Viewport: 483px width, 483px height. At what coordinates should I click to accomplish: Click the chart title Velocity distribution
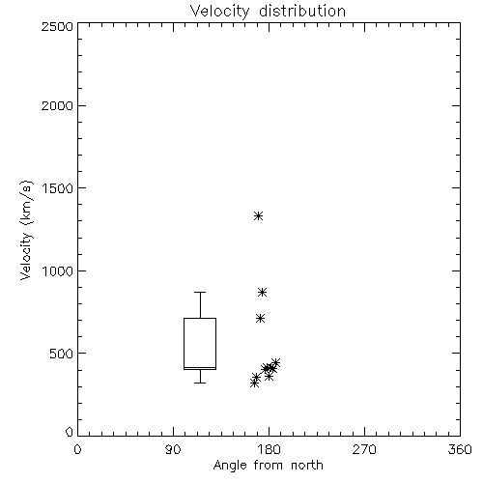[268, 12]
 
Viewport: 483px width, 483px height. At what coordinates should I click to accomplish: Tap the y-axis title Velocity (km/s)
[26, 230]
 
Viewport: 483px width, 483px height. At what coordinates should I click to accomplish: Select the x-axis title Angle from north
[268, 466]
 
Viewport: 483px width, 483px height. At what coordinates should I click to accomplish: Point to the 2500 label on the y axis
[57, 26]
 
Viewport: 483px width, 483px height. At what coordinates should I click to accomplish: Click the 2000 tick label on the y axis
[57, 106]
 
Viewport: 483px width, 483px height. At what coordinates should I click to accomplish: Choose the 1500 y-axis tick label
[58, 188]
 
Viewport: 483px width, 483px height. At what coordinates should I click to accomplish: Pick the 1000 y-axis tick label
[58, 271]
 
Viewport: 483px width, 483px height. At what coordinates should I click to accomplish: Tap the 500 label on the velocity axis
[62, 354]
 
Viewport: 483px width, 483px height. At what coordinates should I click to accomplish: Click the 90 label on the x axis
[173, 449]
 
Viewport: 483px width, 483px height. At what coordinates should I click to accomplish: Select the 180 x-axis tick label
[269, 449]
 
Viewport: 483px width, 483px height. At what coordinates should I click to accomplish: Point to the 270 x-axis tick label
[364, 449]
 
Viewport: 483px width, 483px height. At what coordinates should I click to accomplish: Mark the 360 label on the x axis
[460, 449]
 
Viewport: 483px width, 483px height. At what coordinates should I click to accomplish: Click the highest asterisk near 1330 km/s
[258, 215]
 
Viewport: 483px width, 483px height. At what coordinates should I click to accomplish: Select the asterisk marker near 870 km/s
[262, 293]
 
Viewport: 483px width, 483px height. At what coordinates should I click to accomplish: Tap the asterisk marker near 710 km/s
[260, 319]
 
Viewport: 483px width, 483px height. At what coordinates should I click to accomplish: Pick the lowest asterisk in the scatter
[254, 384]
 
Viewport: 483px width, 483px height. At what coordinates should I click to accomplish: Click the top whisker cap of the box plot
[200, 292]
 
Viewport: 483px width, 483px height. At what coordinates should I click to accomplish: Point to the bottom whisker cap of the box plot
[200, 383]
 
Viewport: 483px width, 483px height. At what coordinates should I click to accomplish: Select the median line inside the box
[200, 367]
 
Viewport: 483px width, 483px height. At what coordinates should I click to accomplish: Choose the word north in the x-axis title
[307, 466]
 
